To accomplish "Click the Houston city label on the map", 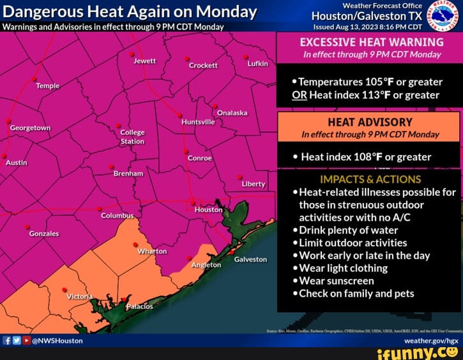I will point(208,209).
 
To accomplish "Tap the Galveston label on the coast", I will point(250,259).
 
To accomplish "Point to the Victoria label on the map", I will point(80,297).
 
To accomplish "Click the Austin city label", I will point(17,163).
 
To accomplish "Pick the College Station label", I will point(132,137).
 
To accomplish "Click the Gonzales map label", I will point(44,234).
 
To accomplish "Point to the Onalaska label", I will point(232,113).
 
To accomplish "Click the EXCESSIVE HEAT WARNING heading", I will point(371,43).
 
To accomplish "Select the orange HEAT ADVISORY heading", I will point(370,123).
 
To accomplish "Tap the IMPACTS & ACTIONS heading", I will point(370,179).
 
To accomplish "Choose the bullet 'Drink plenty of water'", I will point(348,230).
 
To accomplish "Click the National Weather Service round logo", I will point(439,15).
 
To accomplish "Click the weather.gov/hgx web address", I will point(431,341).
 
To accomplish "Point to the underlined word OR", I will point(300,95).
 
